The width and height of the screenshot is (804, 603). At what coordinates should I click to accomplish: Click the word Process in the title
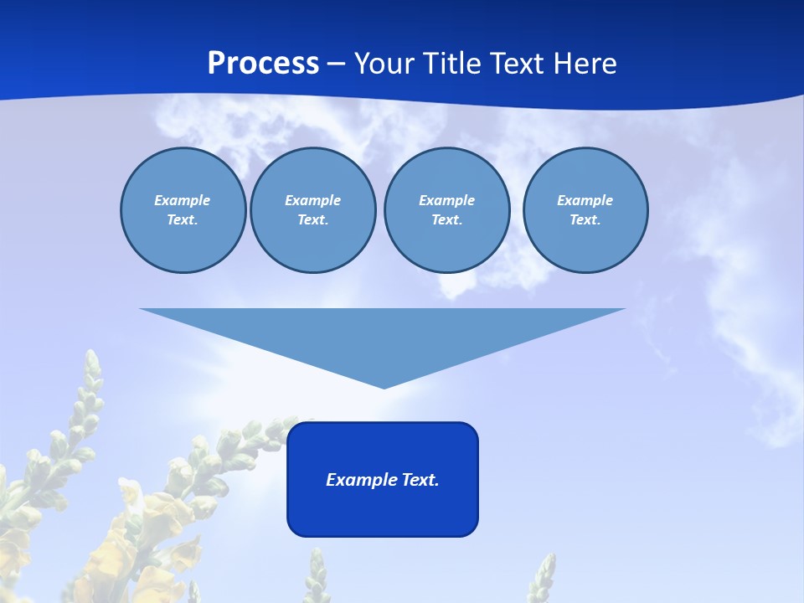263,64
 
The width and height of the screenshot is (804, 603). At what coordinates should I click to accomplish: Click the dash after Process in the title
337,64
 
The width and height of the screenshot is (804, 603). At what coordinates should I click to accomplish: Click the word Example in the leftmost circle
183,200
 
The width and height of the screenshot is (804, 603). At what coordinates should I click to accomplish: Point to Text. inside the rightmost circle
585,219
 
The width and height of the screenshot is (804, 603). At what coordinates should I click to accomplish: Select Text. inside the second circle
313,219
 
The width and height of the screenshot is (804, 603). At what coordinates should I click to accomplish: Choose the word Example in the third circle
446,200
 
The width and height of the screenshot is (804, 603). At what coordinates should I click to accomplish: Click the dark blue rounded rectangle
383,511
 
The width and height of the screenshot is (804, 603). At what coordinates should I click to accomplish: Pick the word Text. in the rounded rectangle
420,480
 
